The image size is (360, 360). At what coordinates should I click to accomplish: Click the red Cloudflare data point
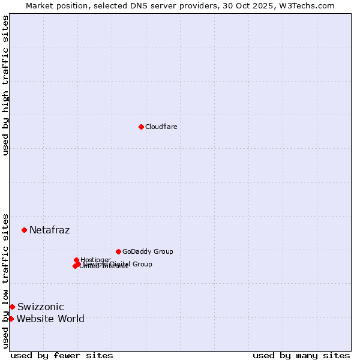pyautogui.click(x=141, y=127)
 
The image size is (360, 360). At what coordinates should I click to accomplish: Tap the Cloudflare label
pyautogui.click(x=161, y=127)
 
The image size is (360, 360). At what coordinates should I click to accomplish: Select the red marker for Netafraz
pyautogui.click(x=24, y=230)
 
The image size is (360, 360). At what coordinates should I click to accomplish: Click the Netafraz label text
pyautogui.click(x=49, y=230)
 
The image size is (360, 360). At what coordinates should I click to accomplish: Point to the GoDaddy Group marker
pyautogui.click(x=118, y=251)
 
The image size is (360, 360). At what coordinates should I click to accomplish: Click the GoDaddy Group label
pyautogui.click(x=148, y=251)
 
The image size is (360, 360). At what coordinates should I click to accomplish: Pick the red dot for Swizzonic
pyautogui.click(x=12, y=307)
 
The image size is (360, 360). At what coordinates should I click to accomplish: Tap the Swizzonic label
pyautogui.click(x=40, y=307)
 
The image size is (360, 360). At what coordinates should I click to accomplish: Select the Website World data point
pyautogui.click(x=11, y=319)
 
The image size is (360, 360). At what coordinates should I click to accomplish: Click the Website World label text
pyautogui.click(x=50, y=319)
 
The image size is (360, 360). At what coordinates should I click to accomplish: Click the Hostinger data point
pyautogui.click(x=76, y=260)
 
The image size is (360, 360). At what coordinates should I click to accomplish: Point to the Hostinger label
pyautogui.click(x=95, y=260)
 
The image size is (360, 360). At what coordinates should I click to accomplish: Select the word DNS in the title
pyautogui.click(x=152, y=5)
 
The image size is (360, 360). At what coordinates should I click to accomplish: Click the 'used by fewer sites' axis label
pyautogui.click(x=62, y=355)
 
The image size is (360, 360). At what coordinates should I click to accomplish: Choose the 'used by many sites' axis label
pyautogui.click(x=301, y=355)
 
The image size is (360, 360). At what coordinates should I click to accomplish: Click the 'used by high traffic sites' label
pyautogui.click(x=5, y=85)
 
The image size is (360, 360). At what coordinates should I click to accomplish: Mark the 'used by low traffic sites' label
pyautogui.click(x=5, y=280)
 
